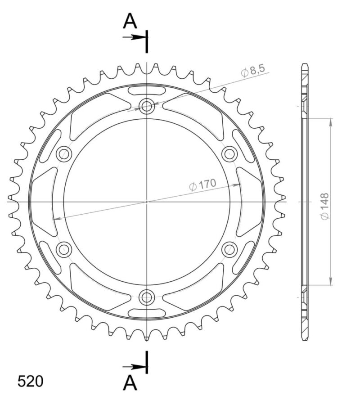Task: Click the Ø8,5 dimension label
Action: pos(253,71)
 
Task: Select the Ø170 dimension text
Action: pos(203,184)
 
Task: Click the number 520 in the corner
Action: pos(31,381)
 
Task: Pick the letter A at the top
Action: pos(130,21)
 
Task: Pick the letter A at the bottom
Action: pos(130,383)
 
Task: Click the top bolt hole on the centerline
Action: pos(147,107)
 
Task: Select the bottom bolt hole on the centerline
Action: pos(147,297)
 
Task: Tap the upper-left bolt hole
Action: pos(64,154)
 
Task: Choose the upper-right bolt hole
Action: pos(229,154)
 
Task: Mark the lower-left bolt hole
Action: pos(64,249)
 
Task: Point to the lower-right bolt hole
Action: pos(229,249)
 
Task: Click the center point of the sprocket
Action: pos(147,202)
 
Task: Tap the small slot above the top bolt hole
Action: pos(147,91)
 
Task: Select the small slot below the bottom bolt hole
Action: pos(147,312)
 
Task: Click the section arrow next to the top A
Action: pos(134,37)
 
